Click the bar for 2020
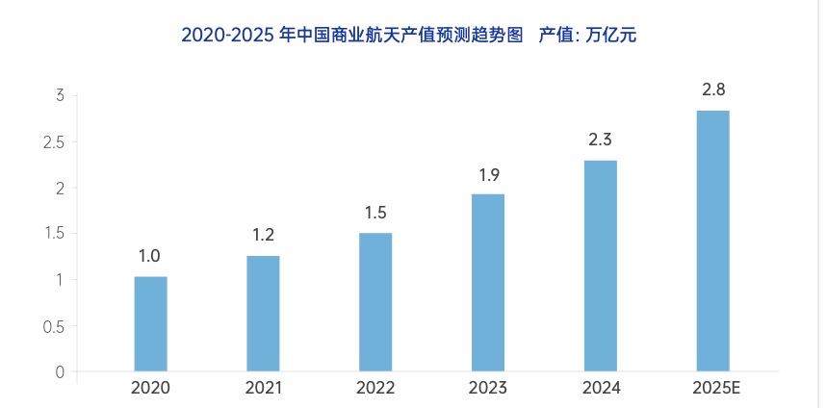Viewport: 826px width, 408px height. [150, 323]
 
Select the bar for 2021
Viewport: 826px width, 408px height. [263, 313]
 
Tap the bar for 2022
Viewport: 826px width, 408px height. [375, 301]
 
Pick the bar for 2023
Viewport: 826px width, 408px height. [488, 282]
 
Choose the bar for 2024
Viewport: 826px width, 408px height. [601, 265]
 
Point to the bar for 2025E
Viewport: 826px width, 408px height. [713, 241]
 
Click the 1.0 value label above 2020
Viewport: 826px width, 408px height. [149, 256]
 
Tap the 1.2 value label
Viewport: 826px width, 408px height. [262, 235]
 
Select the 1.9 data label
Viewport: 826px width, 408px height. [487, 175]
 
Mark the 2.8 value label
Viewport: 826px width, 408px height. [713, 90]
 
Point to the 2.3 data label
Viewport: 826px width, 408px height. [600, 140]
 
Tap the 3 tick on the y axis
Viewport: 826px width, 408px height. [59, 96]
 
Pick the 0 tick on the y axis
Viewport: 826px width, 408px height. [59, 372]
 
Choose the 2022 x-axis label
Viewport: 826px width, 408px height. [375, 389]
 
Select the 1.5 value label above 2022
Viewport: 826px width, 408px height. [374, 213]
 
